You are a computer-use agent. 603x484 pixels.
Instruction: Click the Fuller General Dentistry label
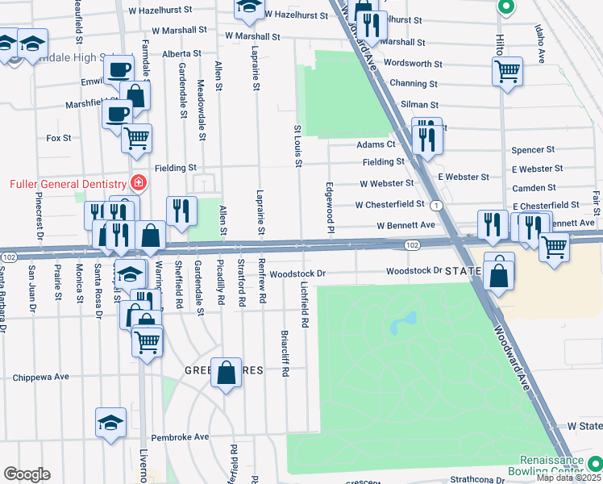[x=63, y=183]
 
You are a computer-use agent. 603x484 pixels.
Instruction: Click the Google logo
[x=27, y=474]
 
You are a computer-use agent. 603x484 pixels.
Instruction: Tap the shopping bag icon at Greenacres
[x=227, y=372]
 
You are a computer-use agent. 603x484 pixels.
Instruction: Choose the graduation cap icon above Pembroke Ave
[x=111, y=422]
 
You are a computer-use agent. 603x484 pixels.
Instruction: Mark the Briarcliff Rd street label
[x=285, y=353]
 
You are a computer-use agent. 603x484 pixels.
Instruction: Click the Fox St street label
[x=59, y=138]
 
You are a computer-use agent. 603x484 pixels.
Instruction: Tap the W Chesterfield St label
[x=389, y=204]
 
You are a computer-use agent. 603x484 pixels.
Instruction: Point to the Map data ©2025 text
[x=569, y=478]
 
